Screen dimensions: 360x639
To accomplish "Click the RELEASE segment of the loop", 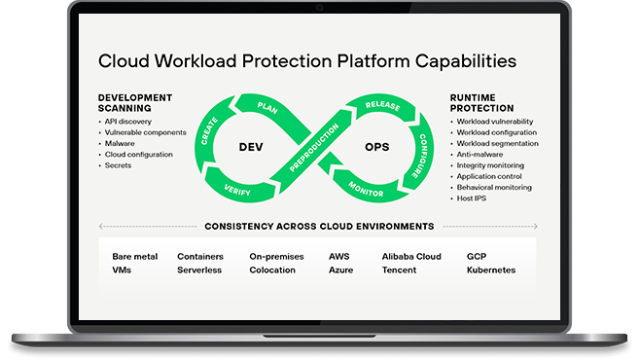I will click(382, 105).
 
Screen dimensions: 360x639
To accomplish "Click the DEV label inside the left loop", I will click(252, 147).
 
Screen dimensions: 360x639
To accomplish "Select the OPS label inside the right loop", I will click(376, 147).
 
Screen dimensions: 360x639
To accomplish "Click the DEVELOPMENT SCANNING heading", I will click(135, 103).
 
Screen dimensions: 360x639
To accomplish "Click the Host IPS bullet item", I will click(473, 199).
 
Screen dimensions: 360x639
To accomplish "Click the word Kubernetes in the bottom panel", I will click(491, 270).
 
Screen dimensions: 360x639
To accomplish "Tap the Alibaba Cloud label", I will click(412, 256).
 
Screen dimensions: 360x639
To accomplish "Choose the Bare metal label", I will click(134, 256).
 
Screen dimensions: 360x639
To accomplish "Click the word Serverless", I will click(199, 270).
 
